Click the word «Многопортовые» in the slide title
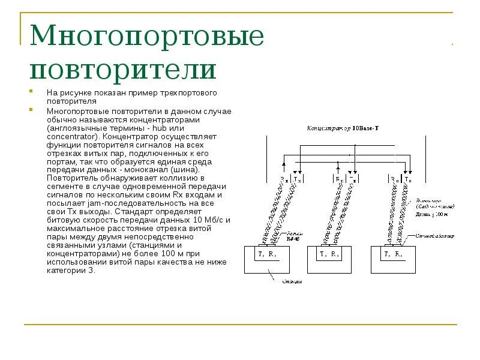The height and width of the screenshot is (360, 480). [x=148, y=37]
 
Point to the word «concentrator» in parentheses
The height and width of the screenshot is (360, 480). [x=70, y=137]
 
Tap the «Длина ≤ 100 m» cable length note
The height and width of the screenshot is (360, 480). [x=433, y=214]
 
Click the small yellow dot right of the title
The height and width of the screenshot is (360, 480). [x=452, y=44]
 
